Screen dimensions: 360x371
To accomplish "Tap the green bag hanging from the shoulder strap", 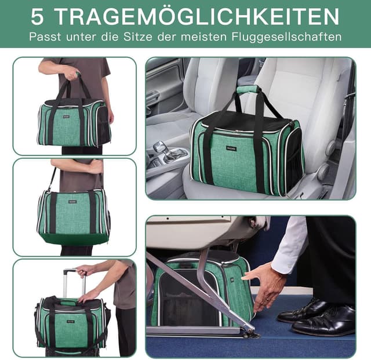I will (73, 217).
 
